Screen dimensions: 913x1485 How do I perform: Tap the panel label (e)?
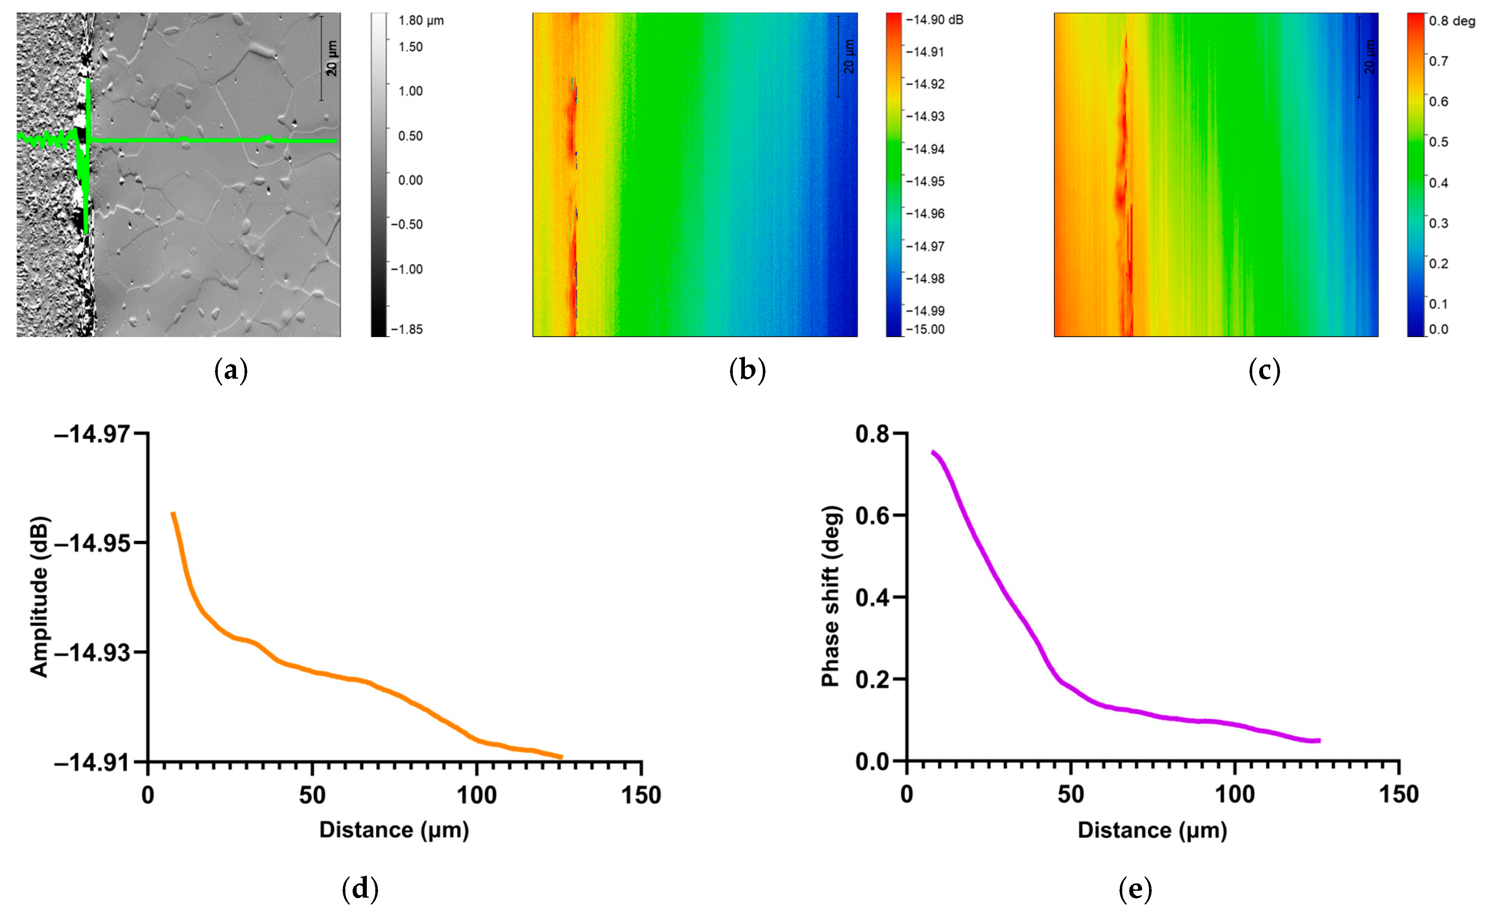coord(1135,890)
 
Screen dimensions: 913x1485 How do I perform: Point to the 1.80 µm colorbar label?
coord(421,21)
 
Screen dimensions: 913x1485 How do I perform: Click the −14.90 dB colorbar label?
coord(934,20)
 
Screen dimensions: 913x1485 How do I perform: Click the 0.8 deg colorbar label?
coord(1451,21)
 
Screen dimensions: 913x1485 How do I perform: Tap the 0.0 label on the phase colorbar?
coord(1438,329)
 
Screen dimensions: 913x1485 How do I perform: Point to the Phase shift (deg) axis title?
coord(831,597)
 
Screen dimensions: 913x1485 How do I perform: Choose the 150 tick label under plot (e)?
coord(1399,794)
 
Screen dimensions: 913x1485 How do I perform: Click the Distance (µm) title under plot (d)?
coord(394,830)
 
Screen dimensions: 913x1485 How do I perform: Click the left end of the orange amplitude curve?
coord(173,513)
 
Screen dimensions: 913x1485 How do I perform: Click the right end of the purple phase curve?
coord(1319,740)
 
